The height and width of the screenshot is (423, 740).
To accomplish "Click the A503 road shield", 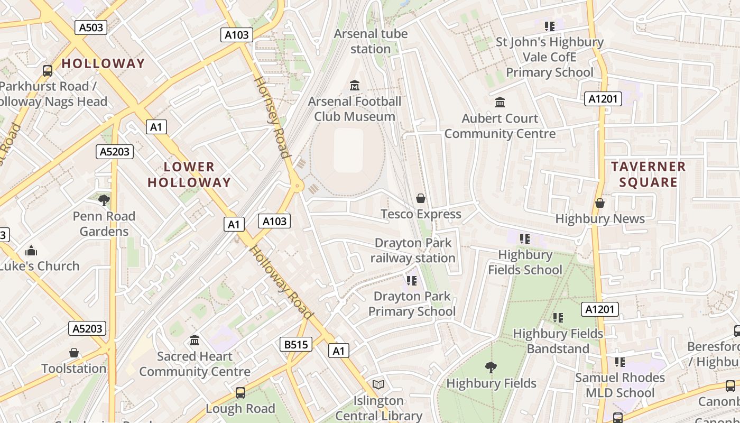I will pyautogui.click(x=91, y=27).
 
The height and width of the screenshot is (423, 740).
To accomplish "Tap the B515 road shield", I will pyautogui.click(x=295, y=345).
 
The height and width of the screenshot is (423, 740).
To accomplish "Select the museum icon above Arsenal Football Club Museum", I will pyautogui.click(x=355, y=85).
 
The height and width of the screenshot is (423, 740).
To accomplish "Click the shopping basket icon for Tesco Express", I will pyautogui.click(x=421, y=198).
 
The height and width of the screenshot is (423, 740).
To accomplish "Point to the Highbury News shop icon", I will pyautogui.click(x=600, y=203).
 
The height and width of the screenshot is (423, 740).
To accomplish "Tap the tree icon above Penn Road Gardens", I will pyautogui.click(x=104, y=200).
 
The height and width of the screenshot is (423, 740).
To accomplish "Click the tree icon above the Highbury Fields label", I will pyautogui.click(x=491, y=367).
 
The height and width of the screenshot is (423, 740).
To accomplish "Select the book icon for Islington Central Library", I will pyautogui.click(x=378, y=384).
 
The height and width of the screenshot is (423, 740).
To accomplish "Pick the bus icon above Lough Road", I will pyautogui.click(x=240, y=392).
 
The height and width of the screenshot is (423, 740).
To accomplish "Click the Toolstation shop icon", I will pyautogui.click(x=74, y=353).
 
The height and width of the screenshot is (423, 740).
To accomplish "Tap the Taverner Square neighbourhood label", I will pyautogui.click(x=648, y=174).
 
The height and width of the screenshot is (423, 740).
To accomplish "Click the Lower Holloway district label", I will pyautogui.click(x=189, y=174).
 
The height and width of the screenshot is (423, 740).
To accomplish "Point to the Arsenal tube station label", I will pyautogui.click(x=371, y=41).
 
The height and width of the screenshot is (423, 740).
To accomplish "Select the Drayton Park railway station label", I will pyautogui.click(x=412, y=251).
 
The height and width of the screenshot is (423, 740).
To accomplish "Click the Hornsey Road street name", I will pyautogui.click(x=272, y=117).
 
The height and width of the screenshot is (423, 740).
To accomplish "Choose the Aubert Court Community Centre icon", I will pyautogui.click(x=499, y=102).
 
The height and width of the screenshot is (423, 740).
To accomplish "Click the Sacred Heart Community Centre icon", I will pyautogui.click(x=195, y=340).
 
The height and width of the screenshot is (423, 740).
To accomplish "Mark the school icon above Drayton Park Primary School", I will pyautogui.click(x=411, y=280).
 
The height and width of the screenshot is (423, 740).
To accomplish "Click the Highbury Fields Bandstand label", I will pyautogui.click(x=558, y=341).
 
